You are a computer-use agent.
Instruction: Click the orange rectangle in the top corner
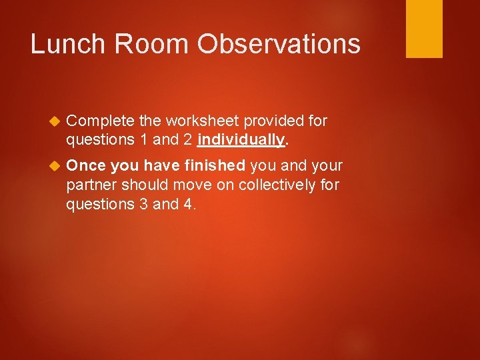click(424, 29)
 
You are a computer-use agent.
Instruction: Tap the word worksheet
click(201, 121)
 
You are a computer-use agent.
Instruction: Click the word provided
click(273, 121)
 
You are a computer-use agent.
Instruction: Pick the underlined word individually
click(241, 140)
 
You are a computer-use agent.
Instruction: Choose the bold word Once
click(86, 165)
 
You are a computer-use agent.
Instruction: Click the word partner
click(90, 185)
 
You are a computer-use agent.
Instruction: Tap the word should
click(140, 185)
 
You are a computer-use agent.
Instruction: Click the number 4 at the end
click(189, 204)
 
